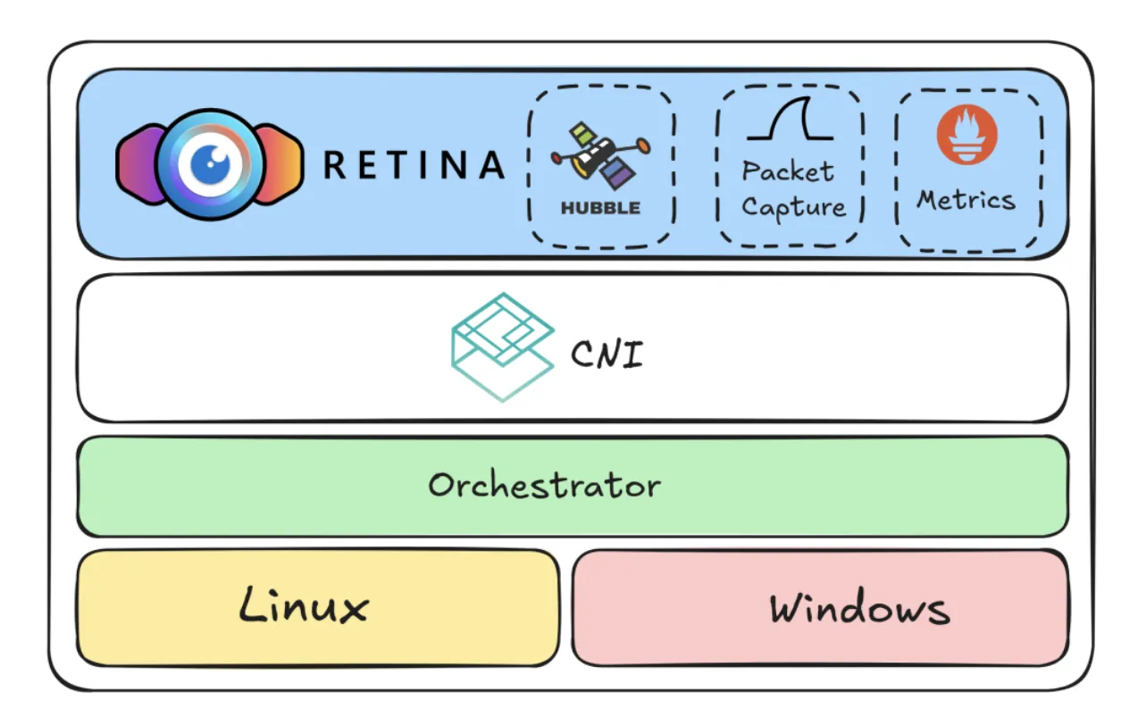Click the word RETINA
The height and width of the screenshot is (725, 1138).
pos(414,165)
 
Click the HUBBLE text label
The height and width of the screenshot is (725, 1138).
pos(600,208)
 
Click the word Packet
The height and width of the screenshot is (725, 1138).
pos(788,171)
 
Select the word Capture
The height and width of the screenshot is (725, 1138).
pos(793,207)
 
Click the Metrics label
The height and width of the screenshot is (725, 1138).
pos(966,199)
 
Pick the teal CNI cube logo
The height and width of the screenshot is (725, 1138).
pos(502,346)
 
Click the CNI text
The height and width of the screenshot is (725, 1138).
pos(607,354)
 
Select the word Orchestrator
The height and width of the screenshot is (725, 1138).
pos(544,486)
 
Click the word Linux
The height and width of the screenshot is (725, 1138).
pos(304,606)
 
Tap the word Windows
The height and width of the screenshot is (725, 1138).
pos(859,609)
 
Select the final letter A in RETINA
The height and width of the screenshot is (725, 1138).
pos(490,165)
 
